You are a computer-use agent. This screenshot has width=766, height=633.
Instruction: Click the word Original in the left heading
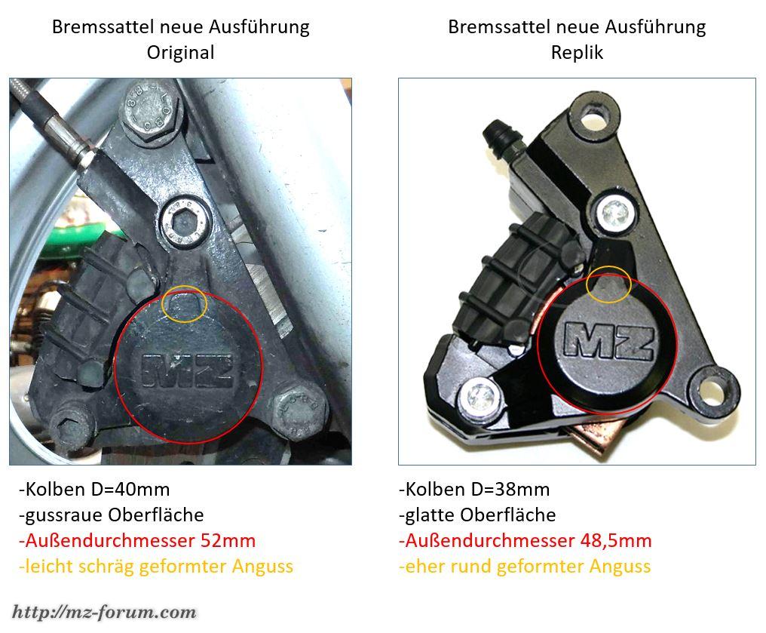181,52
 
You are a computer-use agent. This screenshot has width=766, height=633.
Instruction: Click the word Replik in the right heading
577,52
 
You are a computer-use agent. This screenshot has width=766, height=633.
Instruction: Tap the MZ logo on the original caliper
187,370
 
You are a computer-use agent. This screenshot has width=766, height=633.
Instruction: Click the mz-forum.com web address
104,612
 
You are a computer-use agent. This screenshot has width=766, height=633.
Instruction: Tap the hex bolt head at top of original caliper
152,112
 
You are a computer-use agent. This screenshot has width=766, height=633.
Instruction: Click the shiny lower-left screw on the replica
480,397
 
